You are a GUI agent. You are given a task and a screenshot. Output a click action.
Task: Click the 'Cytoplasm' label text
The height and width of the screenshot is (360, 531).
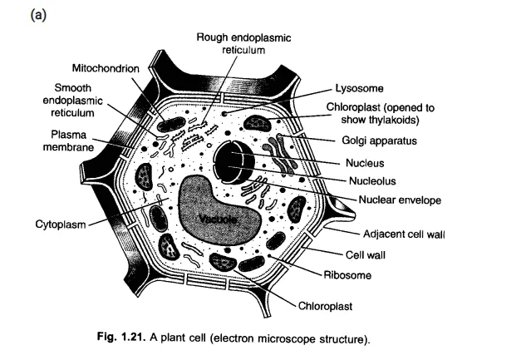click(60, 223)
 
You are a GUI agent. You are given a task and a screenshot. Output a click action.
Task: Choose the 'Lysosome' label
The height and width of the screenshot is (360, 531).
click(358, 86)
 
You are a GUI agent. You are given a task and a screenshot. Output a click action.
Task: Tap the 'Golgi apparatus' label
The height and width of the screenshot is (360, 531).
click(378, 141)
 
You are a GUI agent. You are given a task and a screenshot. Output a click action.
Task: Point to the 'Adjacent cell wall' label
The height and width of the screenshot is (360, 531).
click(406, 234)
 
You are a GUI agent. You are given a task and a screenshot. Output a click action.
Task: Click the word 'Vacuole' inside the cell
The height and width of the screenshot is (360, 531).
click(219, 219)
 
